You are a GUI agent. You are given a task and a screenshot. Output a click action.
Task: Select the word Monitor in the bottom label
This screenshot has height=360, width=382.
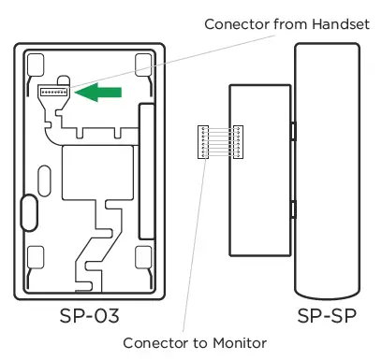(240, 343)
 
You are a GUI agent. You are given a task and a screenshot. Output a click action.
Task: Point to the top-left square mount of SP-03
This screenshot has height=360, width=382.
(37, 65)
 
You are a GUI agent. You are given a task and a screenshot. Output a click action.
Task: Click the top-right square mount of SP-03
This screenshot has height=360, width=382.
(142, 65)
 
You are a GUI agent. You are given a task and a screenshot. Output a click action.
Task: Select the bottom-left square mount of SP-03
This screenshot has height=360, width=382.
(37, 256)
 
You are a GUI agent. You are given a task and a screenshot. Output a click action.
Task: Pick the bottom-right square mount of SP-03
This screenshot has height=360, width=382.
(142, 256)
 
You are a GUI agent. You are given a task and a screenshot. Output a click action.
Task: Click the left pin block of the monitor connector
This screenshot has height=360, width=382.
(199, 140)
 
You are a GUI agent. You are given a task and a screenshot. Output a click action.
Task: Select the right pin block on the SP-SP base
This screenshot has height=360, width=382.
(237, 140)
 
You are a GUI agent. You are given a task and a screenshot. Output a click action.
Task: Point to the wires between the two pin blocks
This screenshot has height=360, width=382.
(218, 140)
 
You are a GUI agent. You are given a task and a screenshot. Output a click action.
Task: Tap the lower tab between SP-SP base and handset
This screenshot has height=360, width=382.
(292, 214)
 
